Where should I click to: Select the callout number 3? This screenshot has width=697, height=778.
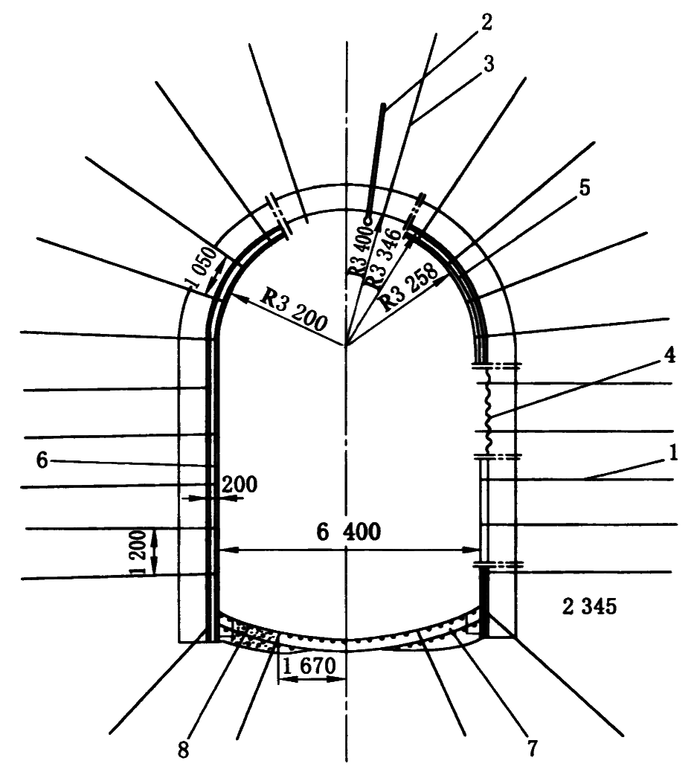(488, 63)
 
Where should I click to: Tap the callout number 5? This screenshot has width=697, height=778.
(584, 188)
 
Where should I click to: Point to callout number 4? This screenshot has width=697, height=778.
(670, 356)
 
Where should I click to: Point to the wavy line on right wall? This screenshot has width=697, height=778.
(488, 411)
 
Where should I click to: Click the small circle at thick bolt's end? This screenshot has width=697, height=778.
(367, 219)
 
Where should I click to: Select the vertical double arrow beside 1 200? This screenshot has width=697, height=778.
(154, 552)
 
